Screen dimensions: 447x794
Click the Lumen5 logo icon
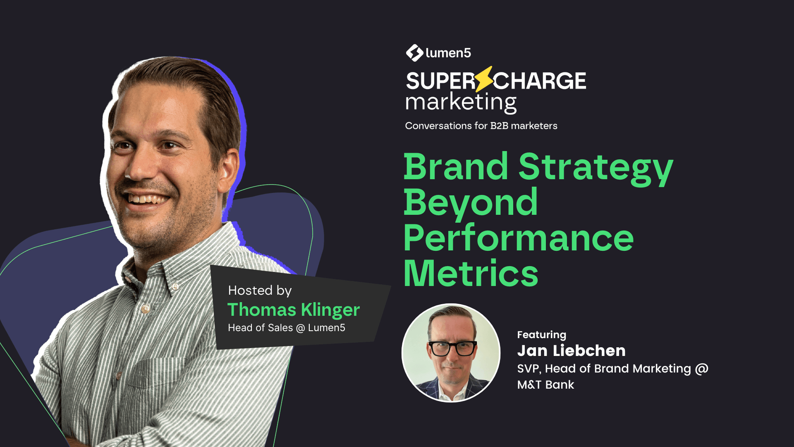(414, 53)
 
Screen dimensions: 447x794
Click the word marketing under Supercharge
(461, 102)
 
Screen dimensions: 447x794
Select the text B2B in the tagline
(499, 126)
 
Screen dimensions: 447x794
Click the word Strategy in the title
(595, 167)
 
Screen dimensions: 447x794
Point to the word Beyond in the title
(471, 203)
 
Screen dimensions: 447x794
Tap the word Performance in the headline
(519, 238)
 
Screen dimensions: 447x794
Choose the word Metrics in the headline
(471, 274)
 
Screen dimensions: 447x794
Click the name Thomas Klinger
(294, 310)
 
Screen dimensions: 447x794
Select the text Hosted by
(260, 291)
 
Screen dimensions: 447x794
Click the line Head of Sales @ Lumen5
(286, 328)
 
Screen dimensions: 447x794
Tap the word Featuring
(541, 334)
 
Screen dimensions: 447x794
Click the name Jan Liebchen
(571, 351)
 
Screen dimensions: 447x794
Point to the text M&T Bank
(545, 385)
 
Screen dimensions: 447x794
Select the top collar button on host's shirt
(175, 286)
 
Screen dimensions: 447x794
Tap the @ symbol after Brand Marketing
(702, 369)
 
